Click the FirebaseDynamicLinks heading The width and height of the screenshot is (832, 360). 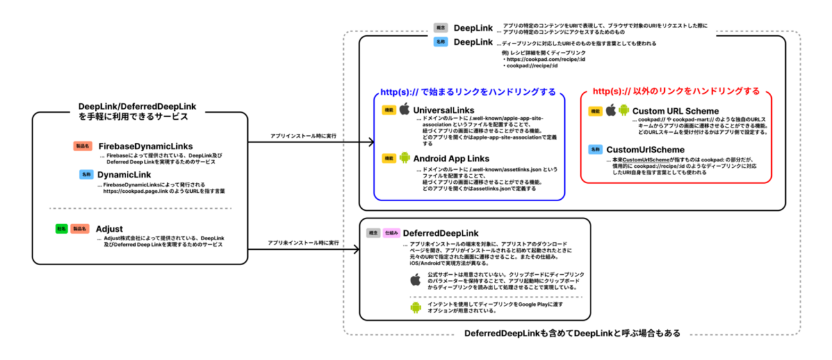pos(145,146)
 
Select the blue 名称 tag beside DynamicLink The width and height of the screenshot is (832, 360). pos(86,174)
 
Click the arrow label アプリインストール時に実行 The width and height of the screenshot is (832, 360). pos(303,136)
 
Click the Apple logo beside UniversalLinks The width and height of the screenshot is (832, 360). pos(404,110)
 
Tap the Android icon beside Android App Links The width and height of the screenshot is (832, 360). pos(404,158)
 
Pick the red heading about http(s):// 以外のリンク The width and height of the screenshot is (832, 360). pos(676,90)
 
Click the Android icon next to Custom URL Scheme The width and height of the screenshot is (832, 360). pos(624,110)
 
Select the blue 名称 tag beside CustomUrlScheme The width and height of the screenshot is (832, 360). pos(594,149)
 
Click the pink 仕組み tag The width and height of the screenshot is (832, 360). pos(391,233)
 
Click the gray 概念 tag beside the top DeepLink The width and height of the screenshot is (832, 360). pos(440,28)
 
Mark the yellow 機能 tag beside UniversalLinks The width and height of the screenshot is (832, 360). pos(388,110)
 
